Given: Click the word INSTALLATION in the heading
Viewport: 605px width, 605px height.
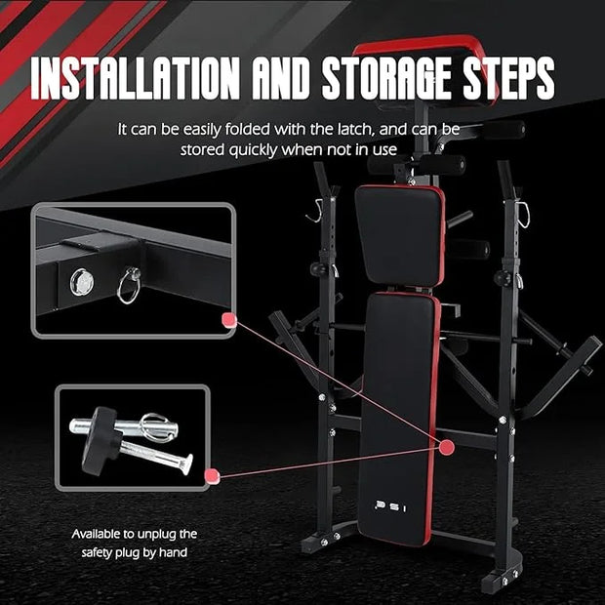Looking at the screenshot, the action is pyautogui.click(x=135, y=78).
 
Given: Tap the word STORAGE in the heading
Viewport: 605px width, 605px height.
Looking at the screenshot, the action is pyautogui.click(x=387, y=78).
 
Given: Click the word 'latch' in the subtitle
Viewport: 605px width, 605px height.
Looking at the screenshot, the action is pyautogui.click(x=356, y=129).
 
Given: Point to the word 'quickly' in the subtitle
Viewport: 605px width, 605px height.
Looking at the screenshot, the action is pyautogui.click(x=253, y=150).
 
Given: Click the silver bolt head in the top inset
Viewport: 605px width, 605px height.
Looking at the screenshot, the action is pyautogui.click(x=82, y=281).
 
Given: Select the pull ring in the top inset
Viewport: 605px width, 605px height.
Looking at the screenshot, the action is pyautogui.click(x=129, y=286).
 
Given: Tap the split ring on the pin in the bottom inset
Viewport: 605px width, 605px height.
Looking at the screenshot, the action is pyautogui.click(x=154, y=425).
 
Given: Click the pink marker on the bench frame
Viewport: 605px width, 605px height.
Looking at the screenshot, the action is pyautogui.click(x=447, y=447).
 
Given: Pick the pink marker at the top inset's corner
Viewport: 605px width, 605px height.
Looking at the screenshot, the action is pyautogui.click(x=228, y=320).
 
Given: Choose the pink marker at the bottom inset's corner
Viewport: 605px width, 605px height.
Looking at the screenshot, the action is pyautogui.click(x=212, y=475).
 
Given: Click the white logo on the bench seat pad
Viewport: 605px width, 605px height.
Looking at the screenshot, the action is pyautogui.click(x=390, y=506).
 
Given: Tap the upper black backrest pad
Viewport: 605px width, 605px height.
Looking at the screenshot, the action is pyautogui.click(x=400, y=235).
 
